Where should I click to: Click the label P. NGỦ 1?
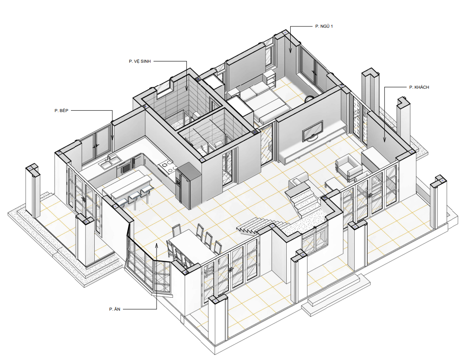pos(324,26)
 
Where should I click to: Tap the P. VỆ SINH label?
pos(140,61)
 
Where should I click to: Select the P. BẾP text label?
pos(61,110)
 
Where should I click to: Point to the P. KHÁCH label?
pos(419,87)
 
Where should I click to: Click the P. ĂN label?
pos(115,309)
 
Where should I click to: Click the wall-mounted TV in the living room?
pos(313,131)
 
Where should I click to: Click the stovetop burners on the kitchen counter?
pos(166,166)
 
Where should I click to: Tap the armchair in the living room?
pos(349,167)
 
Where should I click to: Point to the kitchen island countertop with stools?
pos(127,183)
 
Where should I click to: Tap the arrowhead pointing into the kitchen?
pos(112,138)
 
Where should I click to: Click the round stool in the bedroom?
pos(310,98)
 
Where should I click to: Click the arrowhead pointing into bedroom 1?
pos(290,50)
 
